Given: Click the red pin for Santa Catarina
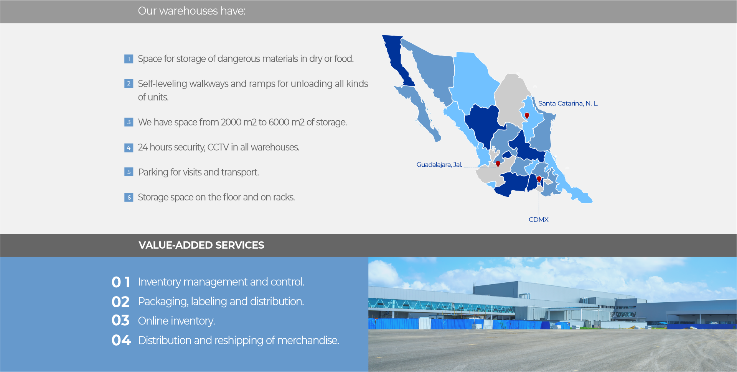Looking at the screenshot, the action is click(x=527, y=115).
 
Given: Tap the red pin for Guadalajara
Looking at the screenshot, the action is click(x=498, y=164).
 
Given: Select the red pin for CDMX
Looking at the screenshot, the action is click(x=539, y=179).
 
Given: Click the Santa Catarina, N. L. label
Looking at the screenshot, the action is click(x=568, y=103).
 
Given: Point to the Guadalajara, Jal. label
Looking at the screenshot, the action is click(x=439, y=165).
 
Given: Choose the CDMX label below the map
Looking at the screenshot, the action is click(x=539, y=220).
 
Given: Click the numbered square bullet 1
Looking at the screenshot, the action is click(x=129, y=59).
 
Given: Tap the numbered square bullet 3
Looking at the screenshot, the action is click(x=129, y=122).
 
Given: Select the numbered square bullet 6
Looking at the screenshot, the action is click(x=129, y=197).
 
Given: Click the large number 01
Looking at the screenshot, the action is click(x=121, y=282).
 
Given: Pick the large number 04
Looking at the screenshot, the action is click(x=121, y=340).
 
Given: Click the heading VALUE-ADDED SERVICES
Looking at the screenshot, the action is click(x=201, y=245).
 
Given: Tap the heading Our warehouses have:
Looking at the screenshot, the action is click(x=192, y=11).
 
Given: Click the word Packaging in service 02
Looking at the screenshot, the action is click(x=163, y=302).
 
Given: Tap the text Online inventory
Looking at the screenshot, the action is click(x=176, y=321).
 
